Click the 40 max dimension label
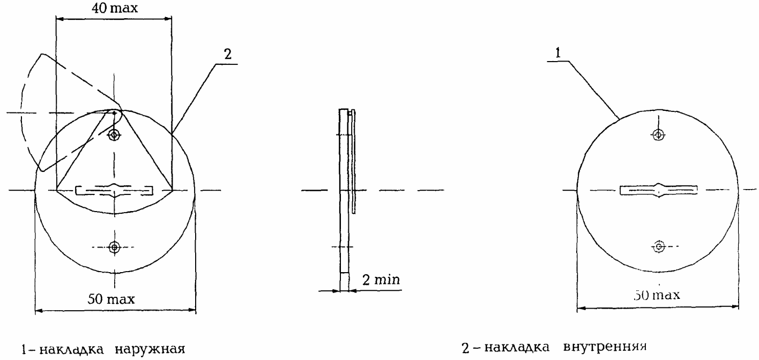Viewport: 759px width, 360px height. [x=115, y=8]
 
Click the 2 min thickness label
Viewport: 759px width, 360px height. [x=381, y=280]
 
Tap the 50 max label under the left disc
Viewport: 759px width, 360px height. [x=111, y=299]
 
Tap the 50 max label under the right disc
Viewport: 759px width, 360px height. [x=657, y=295]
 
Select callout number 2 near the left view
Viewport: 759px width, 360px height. [x=228, y=54]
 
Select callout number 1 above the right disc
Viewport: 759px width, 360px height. [x=558, y=53]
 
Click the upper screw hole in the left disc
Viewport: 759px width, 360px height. [x=114, y=136]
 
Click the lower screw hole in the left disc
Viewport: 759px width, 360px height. [x=115, y=247]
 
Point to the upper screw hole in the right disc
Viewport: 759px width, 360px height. [x=658, y=135]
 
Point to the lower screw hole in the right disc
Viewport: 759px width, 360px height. [x=658, y=246]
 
